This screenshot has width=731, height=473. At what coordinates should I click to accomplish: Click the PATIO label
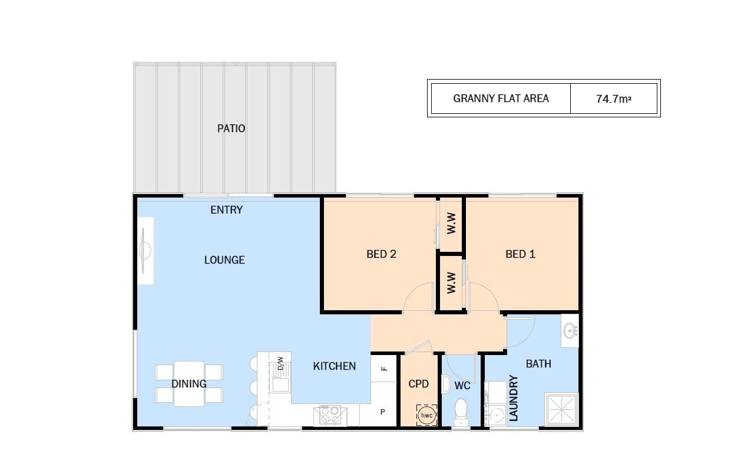(x=231, y=129)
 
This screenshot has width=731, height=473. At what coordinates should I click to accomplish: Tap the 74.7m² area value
(x=614, y=98)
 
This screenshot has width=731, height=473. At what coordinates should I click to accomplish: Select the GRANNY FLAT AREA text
(x=501, y=98)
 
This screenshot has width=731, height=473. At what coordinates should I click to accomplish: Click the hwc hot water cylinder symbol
(x=426, y=416)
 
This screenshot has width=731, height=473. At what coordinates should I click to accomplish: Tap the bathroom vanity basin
(x=570, y=331)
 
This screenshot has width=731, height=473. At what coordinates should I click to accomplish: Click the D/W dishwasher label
(x=280, y=363)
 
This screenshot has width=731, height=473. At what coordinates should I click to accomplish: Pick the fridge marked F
(x=384, y=369)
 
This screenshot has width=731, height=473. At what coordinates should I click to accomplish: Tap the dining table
(x=189, y=383)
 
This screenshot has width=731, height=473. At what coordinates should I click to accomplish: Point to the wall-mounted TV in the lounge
(x=145, y=251)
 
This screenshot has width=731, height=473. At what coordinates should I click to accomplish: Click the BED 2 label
(x=381, y=254)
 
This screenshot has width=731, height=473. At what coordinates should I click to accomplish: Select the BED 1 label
(x=521, y=254)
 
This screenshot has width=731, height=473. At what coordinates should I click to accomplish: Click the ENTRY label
(x=226, y=210)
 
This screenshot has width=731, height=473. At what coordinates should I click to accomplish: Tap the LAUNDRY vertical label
(x=513, y=398)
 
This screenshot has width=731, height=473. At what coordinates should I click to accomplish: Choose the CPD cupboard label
(x=418, y=384)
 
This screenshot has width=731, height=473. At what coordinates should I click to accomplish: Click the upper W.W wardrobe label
(x=451, y=223)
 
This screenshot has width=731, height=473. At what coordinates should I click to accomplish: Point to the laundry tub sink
(x=496, y=416)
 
